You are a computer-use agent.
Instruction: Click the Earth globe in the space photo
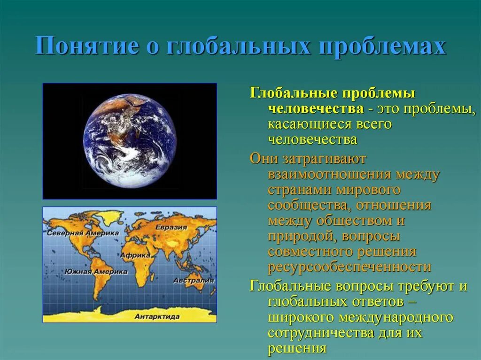(130, 140)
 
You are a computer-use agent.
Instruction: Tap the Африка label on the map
(135, 255)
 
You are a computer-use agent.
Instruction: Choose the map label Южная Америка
(96, 271)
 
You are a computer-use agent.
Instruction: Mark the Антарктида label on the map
(157, 316)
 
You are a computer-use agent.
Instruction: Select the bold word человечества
(316, 109)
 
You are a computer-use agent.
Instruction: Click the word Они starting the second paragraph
(261, 159)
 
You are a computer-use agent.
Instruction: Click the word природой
(300, 236)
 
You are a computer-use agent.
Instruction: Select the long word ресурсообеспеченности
(349, 267)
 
